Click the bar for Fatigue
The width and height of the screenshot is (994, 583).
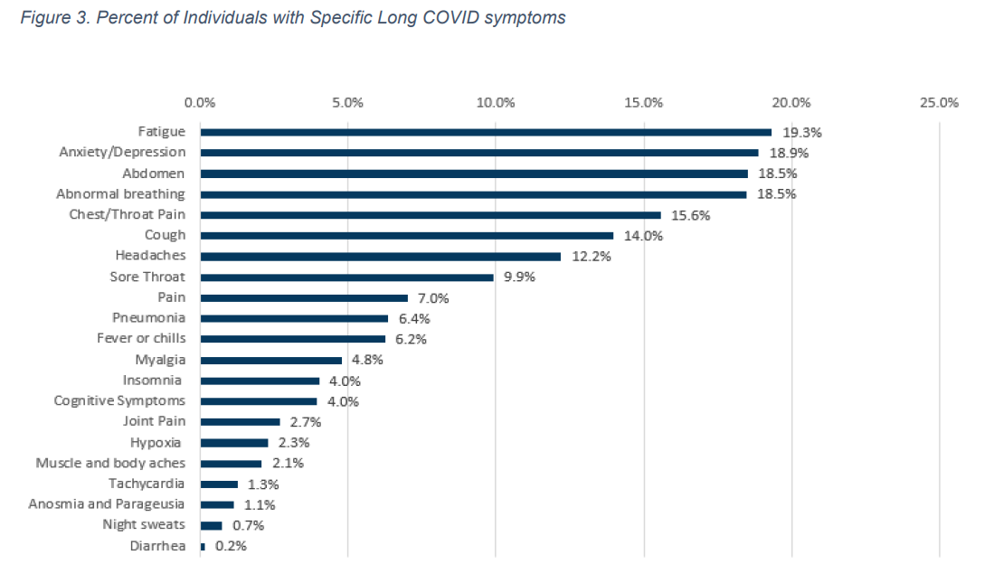(x=486, y=132)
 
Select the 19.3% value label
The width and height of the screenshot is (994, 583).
(x=802, y=132)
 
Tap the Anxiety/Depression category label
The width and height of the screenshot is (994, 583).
(x=122, y=152)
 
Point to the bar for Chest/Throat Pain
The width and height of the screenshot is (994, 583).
(x=431, y=215)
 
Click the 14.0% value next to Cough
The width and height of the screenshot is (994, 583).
(x=644, y=236)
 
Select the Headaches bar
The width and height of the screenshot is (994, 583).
(x=380, y=257)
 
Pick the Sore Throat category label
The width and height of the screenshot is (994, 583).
(x=147, y=277)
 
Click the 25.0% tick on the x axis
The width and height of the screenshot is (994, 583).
(x=939, y=102)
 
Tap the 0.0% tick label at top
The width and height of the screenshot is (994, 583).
(x=200, y=102)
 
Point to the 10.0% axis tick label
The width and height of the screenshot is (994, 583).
(x=496, y=102)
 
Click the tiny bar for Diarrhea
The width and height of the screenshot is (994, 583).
(x=203, y=546)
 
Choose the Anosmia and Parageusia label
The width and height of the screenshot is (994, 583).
(x=107, y=503)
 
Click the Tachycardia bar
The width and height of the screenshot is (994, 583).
(x=219, y=484)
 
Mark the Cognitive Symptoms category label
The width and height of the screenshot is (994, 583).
(x=119, y=400)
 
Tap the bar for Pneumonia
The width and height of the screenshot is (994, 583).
(x=294, y=318)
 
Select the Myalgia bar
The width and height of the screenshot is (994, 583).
(x=270, y=360)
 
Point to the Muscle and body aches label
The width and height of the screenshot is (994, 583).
(x=110, y=463)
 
